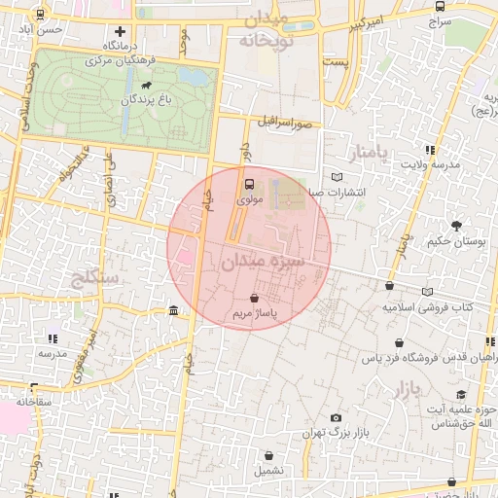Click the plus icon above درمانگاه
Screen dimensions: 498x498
pyautogui.click(x=120, y=32)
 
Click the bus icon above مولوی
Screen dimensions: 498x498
pyautogui.click(x=250, y=184)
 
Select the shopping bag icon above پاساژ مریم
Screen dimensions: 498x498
pyautogui.click(x=254, y=300)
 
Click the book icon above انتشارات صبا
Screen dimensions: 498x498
pyautogui.click(x=337, y=177)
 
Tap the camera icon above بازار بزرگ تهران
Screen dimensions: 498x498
pyautogui.click(x=336, y=417)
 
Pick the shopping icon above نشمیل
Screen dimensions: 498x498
pyautogui.click(x=269, y=455)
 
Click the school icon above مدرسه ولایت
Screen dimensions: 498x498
pyautogui.click(x=430, y=150)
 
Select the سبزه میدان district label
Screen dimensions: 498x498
pyautogui.click(x=263, y=263)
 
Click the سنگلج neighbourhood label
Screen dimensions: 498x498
pyautogui.click(x=95, y=278)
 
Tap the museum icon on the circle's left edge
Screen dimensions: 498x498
pyautogui.click(x=173, y=310)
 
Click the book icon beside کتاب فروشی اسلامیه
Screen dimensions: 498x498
pyautogui.click(x=427, y=291)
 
